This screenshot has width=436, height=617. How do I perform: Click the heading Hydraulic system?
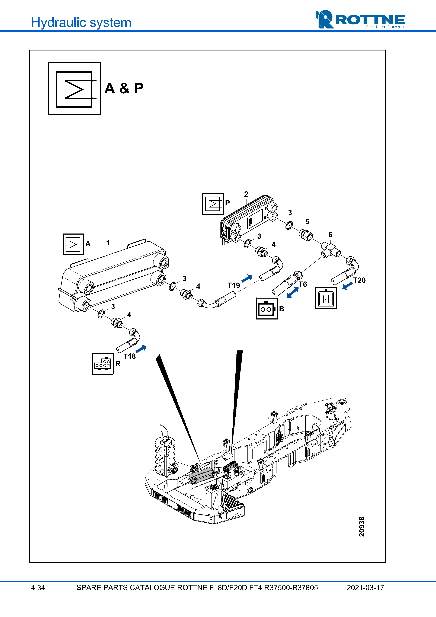tap(81, 23)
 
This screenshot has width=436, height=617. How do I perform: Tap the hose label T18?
tap(130, 356)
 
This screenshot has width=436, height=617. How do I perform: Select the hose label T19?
tap(233, 285)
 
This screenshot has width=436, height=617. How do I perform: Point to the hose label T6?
tap(303, 284)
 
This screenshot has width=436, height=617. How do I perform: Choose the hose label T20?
tap(360, 280)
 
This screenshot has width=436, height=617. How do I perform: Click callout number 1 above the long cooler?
tap(108, 243)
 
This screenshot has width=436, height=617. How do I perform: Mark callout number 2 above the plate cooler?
tap(246, 194)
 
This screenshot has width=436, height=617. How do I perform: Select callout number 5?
tap(307, 222)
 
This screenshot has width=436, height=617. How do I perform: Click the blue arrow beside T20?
tap(348, 286)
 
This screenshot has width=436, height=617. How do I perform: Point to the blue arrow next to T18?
tap(141, 349)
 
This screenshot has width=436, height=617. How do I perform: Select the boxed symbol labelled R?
tap(103, 364)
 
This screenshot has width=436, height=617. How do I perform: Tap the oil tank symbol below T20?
tap(326, 298)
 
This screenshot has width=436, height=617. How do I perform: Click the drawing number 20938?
tap(362, 527)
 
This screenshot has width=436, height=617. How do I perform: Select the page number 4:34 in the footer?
tap(38, 588)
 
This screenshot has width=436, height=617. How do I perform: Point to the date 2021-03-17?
tap(365, 588)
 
